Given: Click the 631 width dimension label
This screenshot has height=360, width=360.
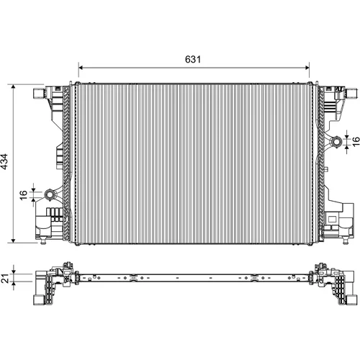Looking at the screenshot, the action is click(x=193, y=59).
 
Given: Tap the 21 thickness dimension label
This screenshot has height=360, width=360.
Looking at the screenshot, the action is click(x=6, y=278).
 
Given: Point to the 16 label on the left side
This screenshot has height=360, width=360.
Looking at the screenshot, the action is click(x=24, y=195).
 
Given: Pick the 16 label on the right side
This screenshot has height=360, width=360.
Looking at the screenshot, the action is click(x=356, y=141).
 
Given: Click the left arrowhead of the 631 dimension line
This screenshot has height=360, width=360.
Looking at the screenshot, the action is click(x=81, y=68).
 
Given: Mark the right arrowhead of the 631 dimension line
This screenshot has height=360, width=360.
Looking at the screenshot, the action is click(x=307, y=68).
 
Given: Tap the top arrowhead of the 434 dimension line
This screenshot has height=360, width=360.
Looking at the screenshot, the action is click(x=14, y=86).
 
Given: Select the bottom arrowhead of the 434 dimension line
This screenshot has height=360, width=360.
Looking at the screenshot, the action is click(x=14, y=240).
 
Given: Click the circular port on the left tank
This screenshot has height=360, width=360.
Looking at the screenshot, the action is click(x=50, y=194).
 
